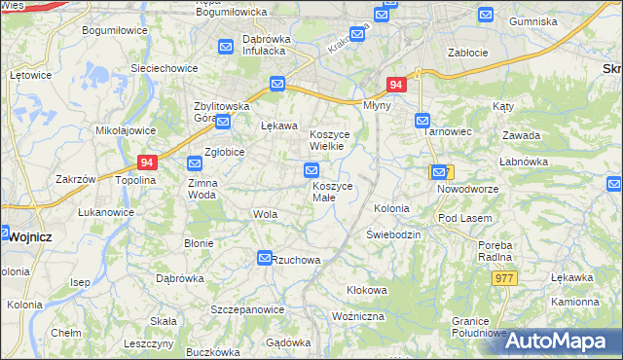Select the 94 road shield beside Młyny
[395, 86]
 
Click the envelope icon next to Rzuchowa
[264, 258]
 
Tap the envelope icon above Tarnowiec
[422, 122]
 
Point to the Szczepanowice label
[247, 309]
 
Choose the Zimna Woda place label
[203, 188]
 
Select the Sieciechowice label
[165, 69]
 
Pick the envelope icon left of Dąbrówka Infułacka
[226, 45]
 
